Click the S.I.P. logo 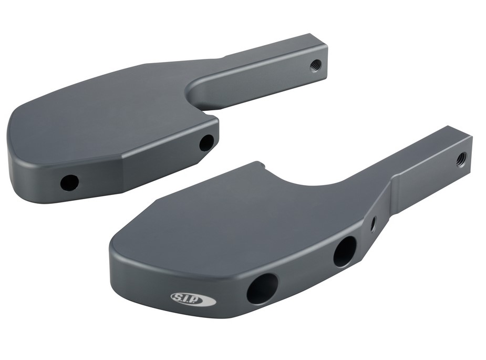click(x=193, y=299)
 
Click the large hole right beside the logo click(x=262, y=289)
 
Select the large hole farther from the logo click(x=345, y=251)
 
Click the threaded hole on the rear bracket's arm click(x=315, y=65)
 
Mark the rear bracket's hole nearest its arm click(x=206, y=142)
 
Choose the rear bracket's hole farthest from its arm click(x=69, y=182)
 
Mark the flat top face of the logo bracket click(x=236, y=221)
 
